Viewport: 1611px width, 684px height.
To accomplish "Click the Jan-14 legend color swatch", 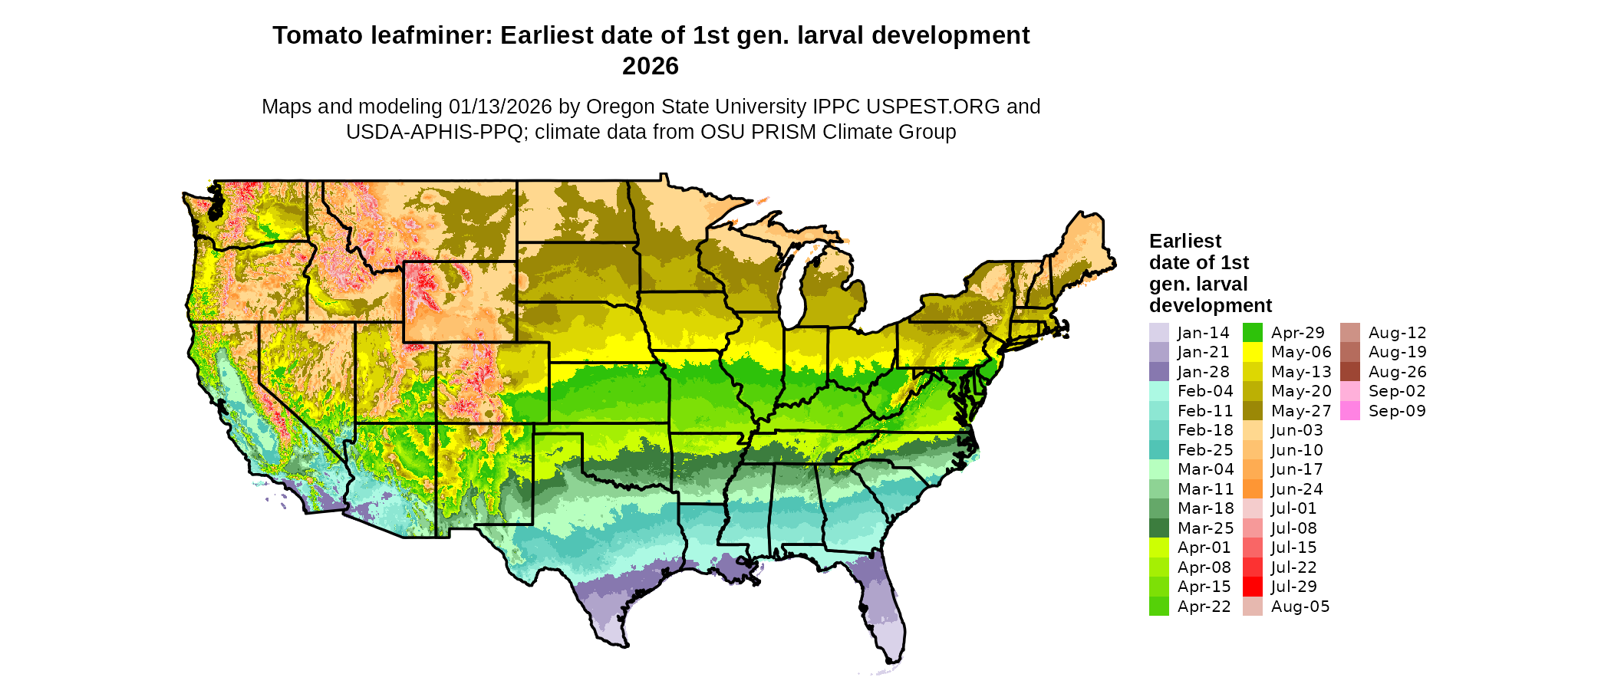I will (1158, 333).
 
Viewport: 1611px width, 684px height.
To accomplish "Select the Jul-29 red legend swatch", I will (1252, 587).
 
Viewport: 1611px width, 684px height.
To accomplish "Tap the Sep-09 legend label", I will (1397, 411).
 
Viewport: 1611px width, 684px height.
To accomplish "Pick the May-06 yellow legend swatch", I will (1252, 352).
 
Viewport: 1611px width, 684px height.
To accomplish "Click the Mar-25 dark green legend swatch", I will (1158, 528).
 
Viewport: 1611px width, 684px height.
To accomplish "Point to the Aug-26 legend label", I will (1397, 372).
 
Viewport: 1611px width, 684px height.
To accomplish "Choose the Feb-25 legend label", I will (1205, 450).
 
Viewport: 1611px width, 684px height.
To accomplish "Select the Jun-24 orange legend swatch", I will (1252, 489).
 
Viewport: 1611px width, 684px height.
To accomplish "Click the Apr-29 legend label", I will (1298, 333).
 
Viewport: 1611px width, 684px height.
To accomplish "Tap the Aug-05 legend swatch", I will (1252, 607).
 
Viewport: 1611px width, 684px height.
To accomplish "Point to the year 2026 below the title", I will (651, 66).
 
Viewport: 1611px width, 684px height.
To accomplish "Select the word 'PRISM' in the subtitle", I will (784, 132).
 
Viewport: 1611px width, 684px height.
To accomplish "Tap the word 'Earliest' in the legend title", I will (1185, 242).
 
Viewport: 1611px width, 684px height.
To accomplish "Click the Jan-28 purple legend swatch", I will (1158, 372).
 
